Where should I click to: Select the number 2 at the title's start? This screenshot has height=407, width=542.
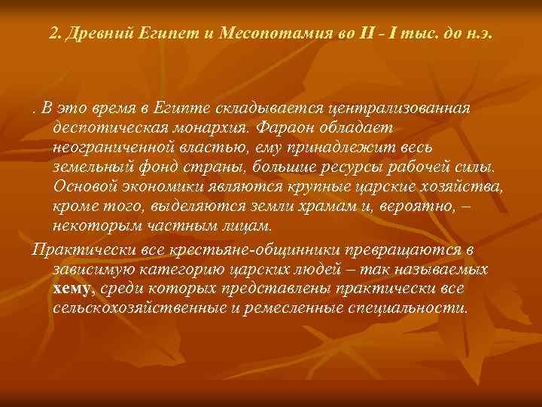click(53, 35)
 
